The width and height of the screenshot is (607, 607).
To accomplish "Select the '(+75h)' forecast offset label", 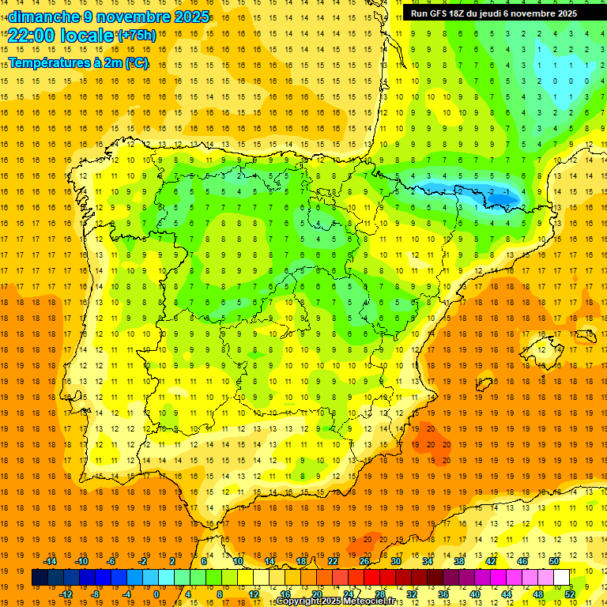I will [137, 36].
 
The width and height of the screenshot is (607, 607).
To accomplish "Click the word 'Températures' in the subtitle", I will [47, 63].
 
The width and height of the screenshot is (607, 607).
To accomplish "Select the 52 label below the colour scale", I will [570, 594].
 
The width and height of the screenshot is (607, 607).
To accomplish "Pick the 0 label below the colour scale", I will [156, 594].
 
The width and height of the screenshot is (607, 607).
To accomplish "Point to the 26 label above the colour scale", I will [364, 561].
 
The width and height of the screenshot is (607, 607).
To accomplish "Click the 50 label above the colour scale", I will [553, 561].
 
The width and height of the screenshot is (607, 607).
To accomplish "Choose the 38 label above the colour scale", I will [458, 561].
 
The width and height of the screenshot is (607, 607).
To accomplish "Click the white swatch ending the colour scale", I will [561, 578].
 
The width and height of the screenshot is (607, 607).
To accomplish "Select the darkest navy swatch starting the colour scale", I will [40, 578].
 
